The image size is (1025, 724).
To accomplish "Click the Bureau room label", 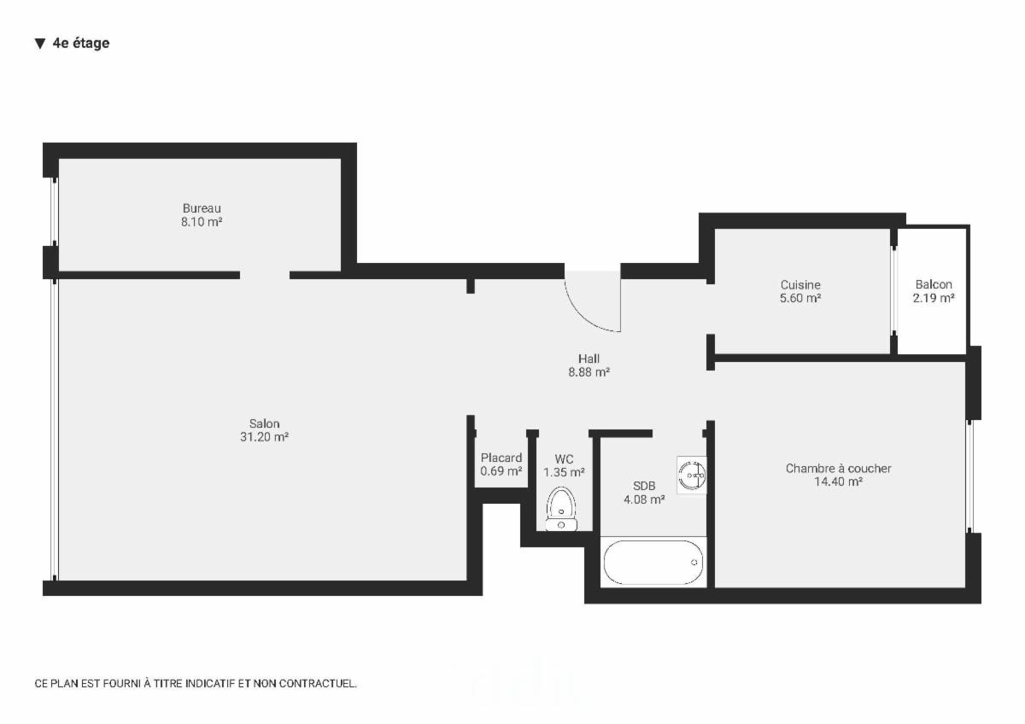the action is (x=202, y=208).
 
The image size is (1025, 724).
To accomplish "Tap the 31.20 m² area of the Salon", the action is (x=265, y=437).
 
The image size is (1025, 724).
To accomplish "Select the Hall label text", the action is (x=589, y=359).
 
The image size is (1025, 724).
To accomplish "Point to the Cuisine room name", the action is (x=800, y=284).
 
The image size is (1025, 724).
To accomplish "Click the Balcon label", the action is (x=934, y=284).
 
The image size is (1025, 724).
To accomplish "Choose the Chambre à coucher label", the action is (x=838, y=469).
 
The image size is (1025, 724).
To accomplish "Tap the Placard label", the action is (x=501, y=458).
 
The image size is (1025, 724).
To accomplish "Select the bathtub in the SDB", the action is (x=653, y=562).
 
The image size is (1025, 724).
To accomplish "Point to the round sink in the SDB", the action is (x=691, y=476).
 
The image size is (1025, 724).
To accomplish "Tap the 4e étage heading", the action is (x=81, y=43).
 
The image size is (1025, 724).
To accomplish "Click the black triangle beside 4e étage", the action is (x=40, y=44).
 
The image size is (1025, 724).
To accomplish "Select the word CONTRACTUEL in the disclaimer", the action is (x=317, y=683).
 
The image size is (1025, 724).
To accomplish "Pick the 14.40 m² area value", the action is (x=838, y=482).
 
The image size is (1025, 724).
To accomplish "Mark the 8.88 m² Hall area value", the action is (x=589, y=372).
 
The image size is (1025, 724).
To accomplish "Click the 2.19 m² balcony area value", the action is (x=934, y=298).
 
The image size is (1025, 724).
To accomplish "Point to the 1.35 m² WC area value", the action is (x=564, y=472).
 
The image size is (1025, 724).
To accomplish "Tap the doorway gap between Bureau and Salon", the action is (x=265, y=275).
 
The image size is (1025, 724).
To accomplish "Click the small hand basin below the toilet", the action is (x=561, y=524).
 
